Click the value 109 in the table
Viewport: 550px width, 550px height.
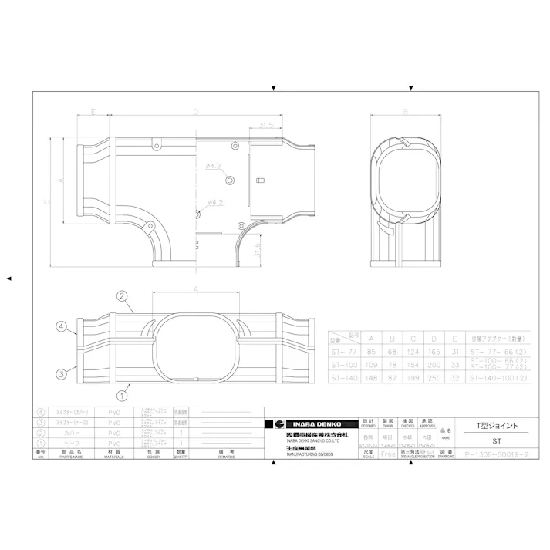pyautogui.click(x=373, y=363)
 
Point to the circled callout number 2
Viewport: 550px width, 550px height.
pyautogui.click(x=122, y=296)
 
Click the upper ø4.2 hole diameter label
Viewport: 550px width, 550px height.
pyautogui.click(x=214, y=166)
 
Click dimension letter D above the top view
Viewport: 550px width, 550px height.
pyautogui.click(x=196, y=112)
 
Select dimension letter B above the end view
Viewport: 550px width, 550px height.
pyautogui.click(x=404, y=111)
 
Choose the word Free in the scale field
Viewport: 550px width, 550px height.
pyautogui.click(x=388, y=454)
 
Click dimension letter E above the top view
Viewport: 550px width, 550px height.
pyautogui.click(x=93, y=112)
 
